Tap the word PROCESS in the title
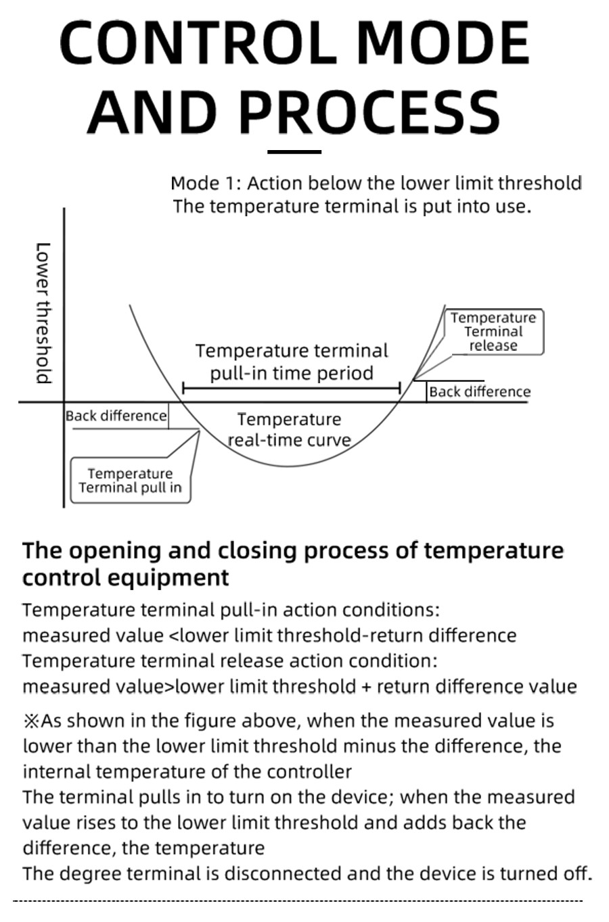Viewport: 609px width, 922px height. point(369,112)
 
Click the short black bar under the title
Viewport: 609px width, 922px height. point(294,152)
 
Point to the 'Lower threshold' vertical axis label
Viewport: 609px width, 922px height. point(43,312)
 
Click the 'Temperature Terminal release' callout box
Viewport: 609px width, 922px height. point(493,331)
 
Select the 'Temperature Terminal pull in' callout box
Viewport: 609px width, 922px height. point(130,481)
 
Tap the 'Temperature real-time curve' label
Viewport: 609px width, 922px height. point(289,430)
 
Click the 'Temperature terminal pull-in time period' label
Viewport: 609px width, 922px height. point(292,362)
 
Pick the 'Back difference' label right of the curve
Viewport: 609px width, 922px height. point(480,391)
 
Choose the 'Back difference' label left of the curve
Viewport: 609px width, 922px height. point(116,416)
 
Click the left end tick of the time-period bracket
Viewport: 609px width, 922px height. point(183,389)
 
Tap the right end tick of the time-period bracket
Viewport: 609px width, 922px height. point(401,389)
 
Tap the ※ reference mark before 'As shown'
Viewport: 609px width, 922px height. point(31,721)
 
